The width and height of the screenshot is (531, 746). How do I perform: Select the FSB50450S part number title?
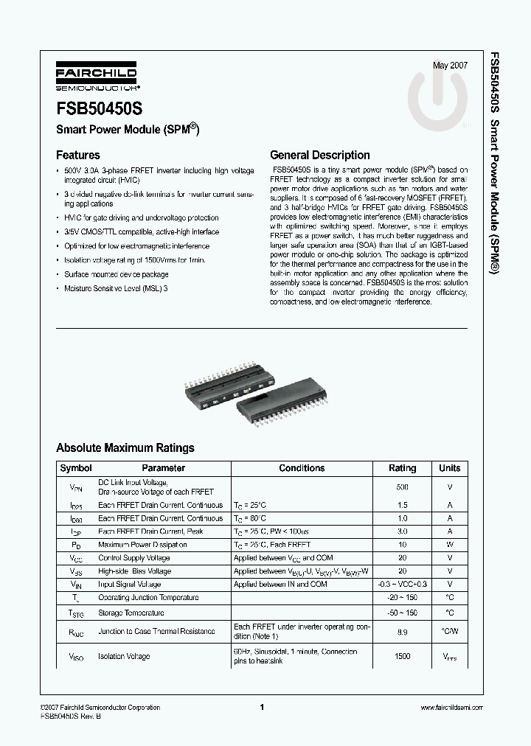point(99,109)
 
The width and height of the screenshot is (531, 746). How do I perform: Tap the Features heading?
point(78,156)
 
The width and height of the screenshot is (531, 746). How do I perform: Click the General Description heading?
point(320,156)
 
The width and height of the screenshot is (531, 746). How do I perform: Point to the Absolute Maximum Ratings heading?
point(125,447)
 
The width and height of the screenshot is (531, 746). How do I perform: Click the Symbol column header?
point(76,468)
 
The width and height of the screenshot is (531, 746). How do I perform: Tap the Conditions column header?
point(302,468)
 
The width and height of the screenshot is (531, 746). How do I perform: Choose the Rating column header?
point(403,468)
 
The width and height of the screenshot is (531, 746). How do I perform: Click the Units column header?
point(449,468)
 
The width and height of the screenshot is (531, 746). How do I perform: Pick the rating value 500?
point(403,487)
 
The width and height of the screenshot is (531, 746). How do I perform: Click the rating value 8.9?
point(403,632)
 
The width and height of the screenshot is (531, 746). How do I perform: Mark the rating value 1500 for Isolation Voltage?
point(403,656)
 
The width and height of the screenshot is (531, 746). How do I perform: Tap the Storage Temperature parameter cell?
point(131,613)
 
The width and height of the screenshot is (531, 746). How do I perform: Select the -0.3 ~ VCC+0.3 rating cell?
point(403,585)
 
